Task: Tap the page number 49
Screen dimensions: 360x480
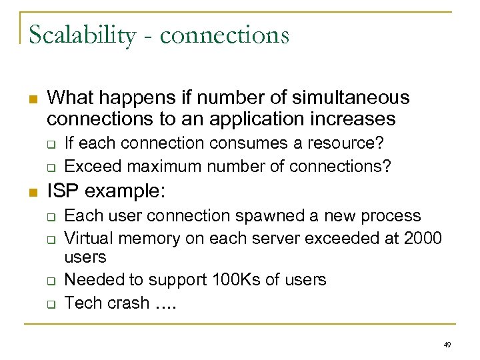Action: [446, 345]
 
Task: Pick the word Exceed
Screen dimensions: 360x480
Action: [90, 165]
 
